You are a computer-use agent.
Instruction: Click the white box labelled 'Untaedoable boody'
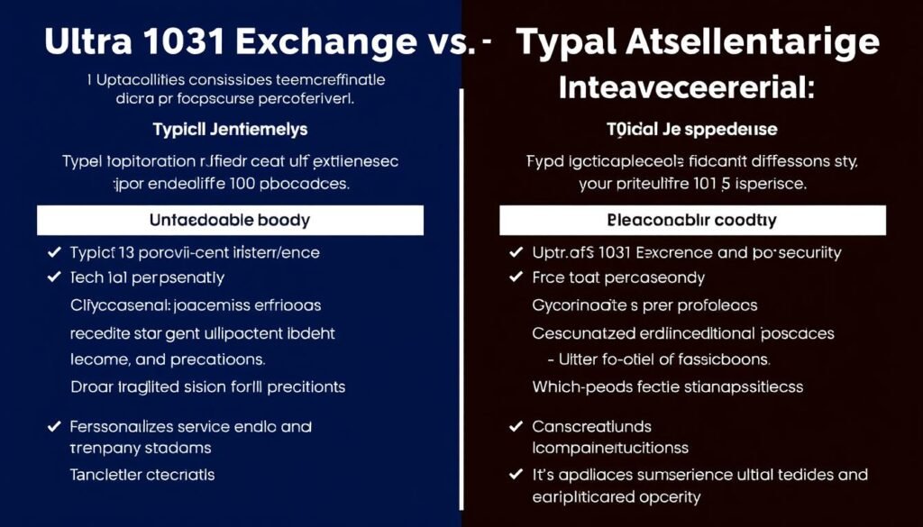click(x=230, y=220)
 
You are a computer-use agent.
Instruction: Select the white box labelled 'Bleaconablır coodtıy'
click(x=692, y=220)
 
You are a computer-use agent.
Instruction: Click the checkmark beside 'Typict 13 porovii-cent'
click(x=53, y=253)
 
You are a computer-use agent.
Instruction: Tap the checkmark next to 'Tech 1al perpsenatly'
click(x=53, y=278)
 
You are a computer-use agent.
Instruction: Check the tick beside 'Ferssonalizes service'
click(x=53, y=426)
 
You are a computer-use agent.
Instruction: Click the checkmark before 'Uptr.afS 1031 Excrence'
click(x=516, y=253)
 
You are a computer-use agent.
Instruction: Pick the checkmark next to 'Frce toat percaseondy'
click(x=516, y=278)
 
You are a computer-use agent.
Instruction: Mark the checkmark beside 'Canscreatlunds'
click(x=516, y=426)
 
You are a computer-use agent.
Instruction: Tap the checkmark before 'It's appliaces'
click(x=516, y=475)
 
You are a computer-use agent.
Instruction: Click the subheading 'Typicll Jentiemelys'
click(x=230, y=129)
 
